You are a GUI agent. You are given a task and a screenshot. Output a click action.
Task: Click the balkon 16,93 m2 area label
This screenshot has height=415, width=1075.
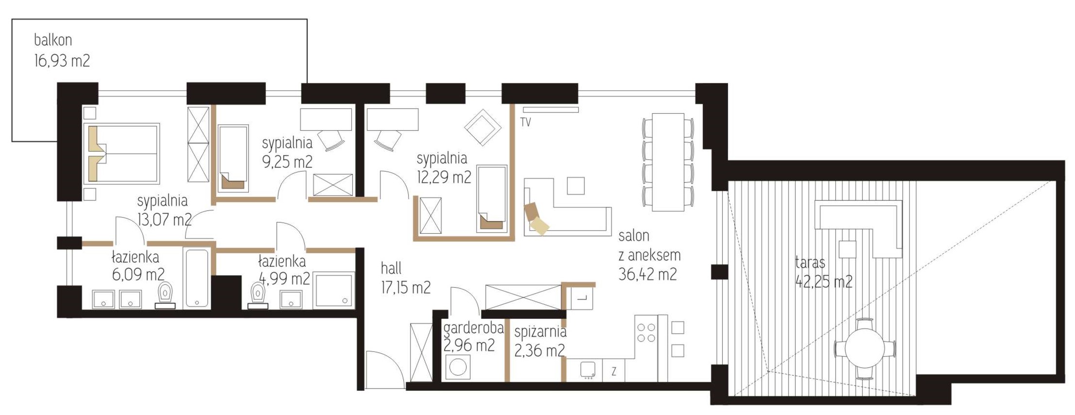(x=62, y=50)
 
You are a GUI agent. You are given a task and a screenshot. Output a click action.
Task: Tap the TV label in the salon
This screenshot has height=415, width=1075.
(x=525, y=122)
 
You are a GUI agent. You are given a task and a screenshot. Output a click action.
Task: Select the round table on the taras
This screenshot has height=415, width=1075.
(x=865, y=348)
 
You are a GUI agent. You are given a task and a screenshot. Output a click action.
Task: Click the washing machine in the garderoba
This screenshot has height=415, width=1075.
(x=458, y=367)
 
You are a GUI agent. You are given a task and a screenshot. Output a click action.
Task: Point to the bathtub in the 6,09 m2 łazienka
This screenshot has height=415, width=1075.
(x=197, y=278)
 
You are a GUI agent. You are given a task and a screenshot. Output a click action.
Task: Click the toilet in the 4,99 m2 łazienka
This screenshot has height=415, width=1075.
(x=258, y=295)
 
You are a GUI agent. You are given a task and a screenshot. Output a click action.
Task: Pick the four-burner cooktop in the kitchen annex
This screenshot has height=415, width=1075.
(x=646, y=332)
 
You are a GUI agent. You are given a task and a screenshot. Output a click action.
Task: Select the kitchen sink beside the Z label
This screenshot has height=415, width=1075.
(x=588, y=370)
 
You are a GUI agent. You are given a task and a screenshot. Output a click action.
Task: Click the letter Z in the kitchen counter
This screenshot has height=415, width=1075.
(x=614, y=372)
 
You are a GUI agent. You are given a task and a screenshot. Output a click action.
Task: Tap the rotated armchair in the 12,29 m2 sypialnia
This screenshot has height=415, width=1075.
(x=483, y=127)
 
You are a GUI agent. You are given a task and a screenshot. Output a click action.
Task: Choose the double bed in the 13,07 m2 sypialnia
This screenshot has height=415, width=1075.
(x=122, y=154)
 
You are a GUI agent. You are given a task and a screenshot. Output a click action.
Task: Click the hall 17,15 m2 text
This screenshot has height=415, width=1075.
(x=405, y=278)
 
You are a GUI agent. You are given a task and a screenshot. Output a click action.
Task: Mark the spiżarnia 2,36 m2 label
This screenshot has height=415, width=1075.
(x=540, y=341)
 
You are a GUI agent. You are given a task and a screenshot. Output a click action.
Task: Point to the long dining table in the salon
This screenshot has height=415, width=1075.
(x=668, y=162)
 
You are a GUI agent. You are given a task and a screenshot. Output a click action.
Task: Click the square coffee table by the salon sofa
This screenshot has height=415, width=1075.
(x=576, y=186)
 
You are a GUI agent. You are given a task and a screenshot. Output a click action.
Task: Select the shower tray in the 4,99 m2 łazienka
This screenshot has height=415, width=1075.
(x=334, y=290)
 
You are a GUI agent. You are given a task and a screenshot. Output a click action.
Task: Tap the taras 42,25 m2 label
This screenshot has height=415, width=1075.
(x=824, y=272)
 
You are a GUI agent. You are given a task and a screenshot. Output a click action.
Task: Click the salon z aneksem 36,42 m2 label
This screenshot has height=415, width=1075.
(x=649, y=255)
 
